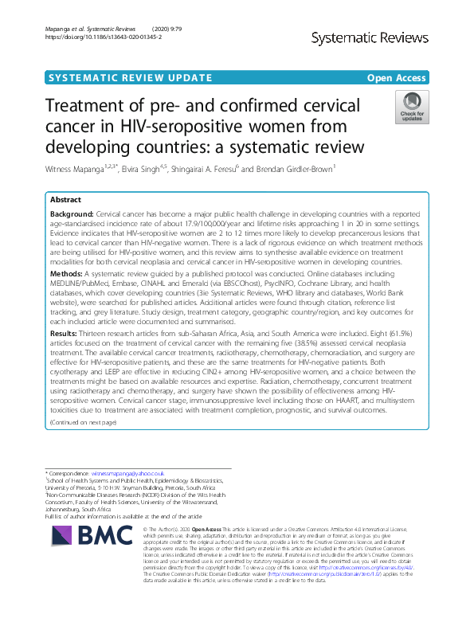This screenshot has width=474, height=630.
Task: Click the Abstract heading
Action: pos(66,200)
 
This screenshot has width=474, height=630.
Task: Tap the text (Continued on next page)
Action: pos(83,421)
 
